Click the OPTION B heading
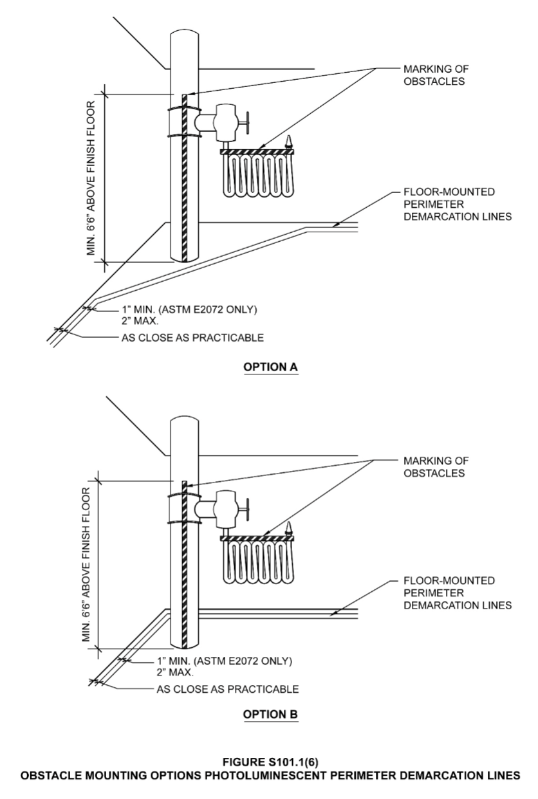coord(269,715)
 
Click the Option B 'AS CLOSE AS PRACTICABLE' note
coord(228,690)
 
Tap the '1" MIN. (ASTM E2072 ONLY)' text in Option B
coord(225,661)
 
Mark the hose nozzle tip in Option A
coord(289,140)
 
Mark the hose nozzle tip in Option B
coord(289,528)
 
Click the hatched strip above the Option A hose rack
coord(256,152)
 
